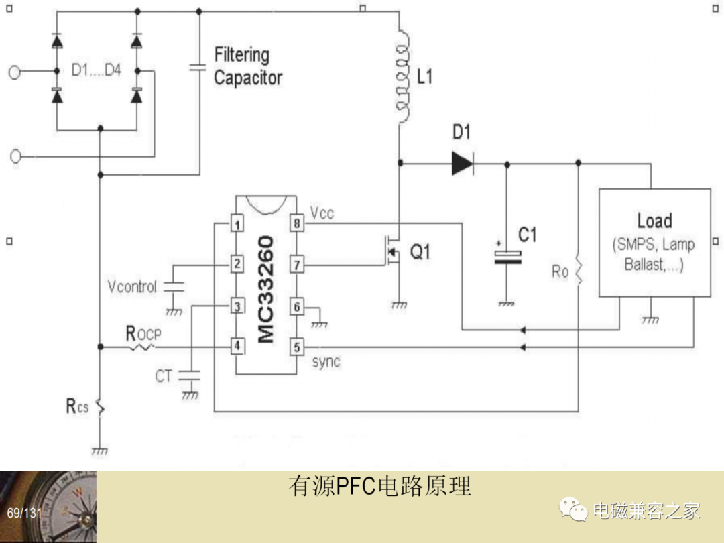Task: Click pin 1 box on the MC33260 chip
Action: [237, 224]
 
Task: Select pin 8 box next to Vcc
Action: [297, 223]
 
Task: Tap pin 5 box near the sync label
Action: [297, 347]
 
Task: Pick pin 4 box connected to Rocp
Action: [237, 346]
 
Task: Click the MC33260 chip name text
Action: [266, 290]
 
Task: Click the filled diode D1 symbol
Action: [462, 163]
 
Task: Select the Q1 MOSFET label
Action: [420, 251]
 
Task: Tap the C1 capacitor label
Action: [528, 235]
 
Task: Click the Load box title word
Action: [655, 221]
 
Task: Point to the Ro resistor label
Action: [560, 271]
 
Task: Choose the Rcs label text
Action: [77, 406]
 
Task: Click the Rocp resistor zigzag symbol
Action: [142, 347]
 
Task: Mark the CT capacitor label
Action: [163, 376]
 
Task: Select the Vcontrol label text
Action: [132, 286]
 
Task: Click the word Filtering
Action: [242, 55]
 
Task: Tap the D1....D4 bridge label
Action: [97, 70]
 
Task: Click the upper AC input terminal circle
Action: [15, 72]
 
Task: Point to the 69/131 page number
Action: [24, 513]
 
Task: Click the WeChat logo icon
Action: [573, 509]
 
